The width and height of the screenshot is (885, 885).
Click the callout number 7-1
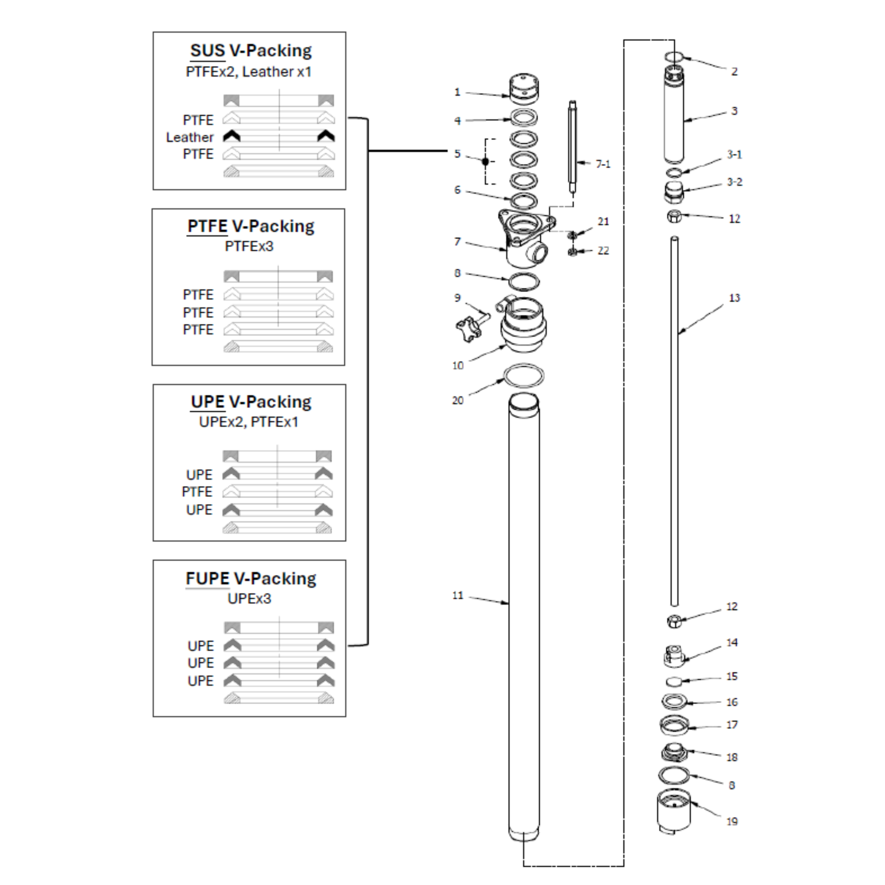[x=603, y=164]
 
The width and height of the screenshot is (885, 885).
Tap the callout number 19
[x=732, y=821]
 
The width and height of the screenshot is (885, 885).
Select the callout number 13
[x=734, y=298]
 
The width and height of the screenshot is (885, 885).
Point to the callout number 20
[x=458, y=400]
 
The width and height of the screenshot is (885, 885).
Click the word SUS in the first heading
[x=207, y=50]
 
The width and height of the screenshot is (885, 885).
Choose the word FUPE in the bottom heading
[x=207, y=578]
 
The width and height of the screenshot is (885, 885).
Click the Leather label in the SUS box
[x=190, y=137]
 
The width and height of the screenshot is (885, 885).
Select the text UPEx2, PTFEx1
[x=249, y=422]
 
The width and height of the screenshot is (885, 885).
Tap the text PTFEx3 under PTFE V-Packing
[x=249, y=246]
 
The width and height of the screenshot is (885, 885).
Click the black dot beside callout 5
[x=486, y=161]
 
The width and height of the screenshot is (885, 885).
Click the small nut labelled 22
[x=573, y=251]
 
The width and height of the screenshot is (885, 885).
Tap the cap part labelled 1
[x=524, y=89]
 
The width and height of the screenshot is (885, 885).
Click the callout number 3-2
[x=734, y=182]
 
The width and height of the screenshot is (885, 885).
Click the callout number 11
[x=458, y=595]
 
